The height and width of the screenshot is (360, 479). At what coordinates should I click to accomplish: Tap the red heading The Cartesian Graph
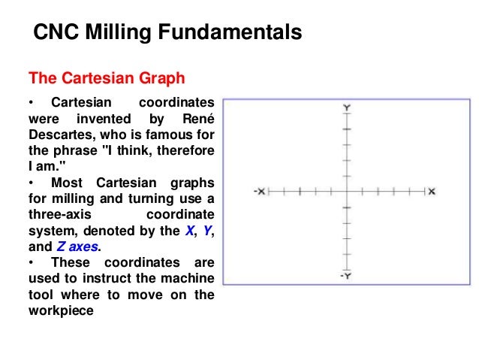tap(106, 78)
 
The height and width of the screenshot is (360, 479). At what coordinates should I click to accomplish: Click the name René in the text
tap(198, 119)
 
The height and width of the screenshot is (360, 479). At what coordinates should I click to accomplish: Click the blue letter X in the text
tap(188, 231)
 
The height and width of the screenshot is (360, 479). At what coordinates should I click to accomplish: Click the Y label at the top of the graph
tap(346, 109)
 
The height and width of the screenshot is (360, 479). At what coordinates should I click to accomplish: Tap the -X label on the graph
tap(259, 192)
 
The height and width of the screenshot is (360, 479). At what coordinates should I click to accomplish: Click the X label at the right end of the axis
tap(432, 192)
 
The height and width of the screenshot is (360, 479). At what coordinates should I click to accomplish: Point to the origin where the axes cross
tap(346, 192)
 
